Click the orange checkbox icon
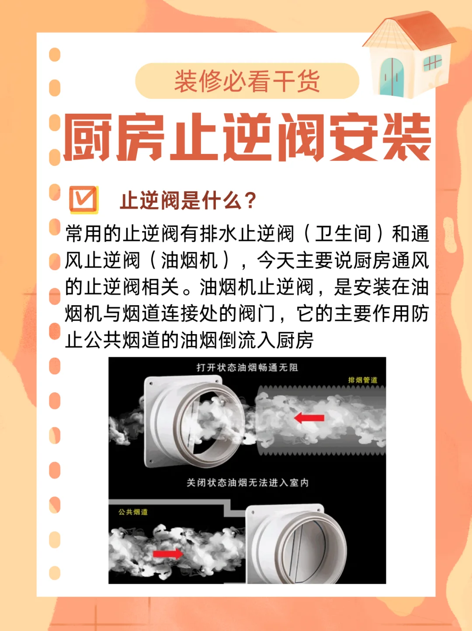pyautogui.click(x=83, y=200)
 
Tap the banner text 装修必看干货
pyautogui.click(x=247, y=81)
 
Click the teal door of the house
pyautogui.click(x=392, y=77)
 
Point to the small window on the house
pyautogui.click(x=432, y=63)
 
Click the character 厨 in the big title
pyautogui.click(x=87, y=137)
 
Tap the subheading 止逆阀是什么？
pyautogui.click(x=188, y=201)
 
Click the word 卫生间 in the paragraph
pyautogui.click(x=343, y=234)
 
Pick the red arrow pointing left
pyautogui.click(x=309, y=418)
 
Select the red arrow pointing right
pyautogui.click(x=168, y=554)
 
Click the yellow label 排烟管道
pyautogui.click(x=362, y=380)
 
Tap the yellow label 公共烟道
pyautogui.click(x=133, y=512)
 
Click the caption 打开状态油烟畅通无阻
pyautogui.click(x=247, y=367)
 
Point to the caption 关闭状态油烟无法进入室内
pyautogui.click(x=247, y=482)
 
